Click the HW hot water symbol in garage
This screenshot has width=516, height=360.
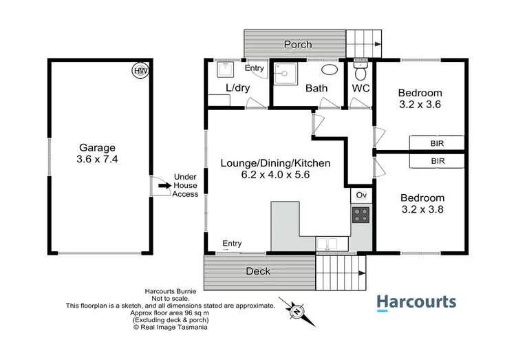click(140, 70)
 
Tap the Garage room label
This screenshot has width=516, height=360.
click(96, 147)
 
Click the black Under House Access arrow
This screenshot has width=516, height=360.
click(164, 185)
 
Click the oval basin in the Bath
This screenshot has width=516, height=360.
click(330, 70)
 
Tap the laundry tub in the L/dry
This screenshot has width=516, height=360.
click(225, 70)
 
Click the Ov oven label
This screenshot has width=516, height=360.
click(361, 196)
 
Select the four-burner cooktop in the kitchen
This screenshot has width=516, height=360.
click(361, 215)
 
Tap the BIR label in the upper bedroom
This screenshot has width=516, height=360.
click(437, 144)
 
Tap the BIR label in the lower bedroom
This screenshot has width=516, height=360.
click(437, 160)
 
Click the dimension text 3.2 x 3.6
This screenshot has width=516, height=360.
click(419, 105)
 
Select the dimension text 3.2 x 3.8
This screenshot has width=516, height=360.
click(422, 210)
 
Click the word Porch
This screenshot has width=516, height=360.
click(299, 45)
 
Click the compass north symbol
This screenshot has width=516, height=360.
click(297, 311)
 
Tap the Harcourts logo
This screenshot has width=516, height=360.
click(416, 302)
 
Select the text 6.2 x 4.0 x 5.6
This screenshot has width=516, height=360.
click(275, 176)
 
